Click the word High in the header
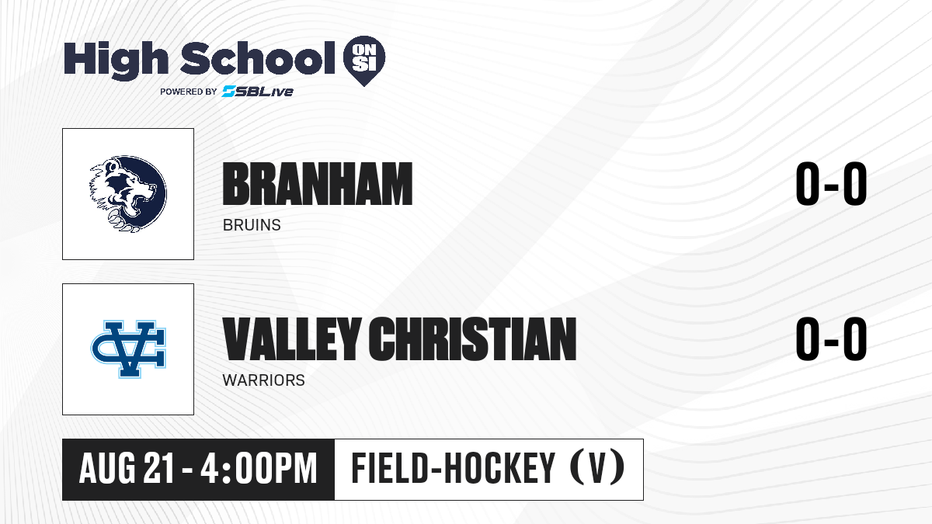tap(116, 60)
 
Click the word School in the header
tap(258, 57)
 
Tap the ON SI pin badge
tap(364, 61)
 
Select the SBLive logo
tap(258, 92)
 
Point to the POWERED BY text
tap(189, 92)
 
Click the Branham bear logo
tap(128, 194)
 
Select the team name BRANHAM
tap(318, 184)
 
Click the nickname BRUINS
tap(252, 225)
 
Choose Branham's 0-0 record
tap(831, 184)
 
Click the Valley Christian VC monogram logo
tap(129, 349)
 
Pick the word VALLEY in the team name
tap(292, 338)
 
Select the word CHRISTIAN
tap(473, 338)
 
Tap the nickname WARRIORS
tap(264, 380)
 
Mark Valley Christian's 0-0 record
tap(831, 338)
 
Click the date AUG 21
tap(126, 469)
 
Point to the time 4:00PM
tap(259, 469)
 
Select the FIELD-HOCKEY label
tap(453, 468)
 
